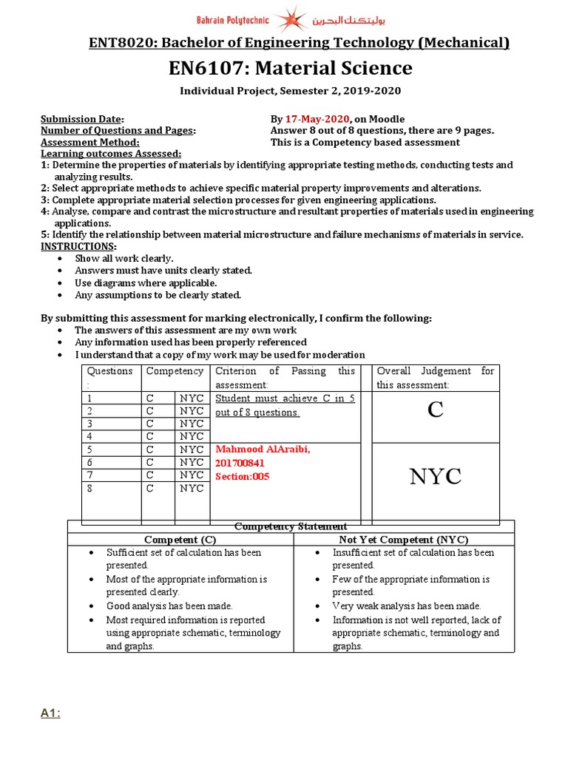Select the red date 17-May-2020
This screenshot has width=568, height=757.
[315, 119]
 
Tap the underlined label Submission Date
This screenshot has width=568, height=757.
[82, 119]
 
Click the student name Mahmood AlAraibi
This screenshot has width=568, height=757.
[263, 449]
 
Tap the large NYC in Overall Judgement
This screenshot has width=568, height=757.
[436, 478]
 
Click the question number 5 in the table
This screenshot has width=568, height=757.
[90, 449]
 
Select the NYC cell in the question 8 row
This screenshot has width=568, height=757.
[192, 489]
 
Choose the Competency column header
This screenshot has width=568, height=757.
[175, 371]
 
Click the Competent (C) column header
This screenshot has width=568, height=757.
[180, 540]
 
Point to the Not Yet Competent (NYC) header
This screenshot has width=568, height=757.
[404, 540]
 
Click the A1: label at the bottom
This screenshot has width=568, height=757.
[50, 713]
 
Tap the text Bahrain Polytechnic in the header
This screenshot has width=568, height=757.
[232, 19]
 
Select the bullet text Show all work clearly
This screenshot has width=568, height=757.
[124, 259]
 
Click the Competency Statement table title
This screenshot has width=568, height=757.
[291, 526]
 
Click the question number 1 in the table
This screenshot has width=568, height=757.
[90, 398]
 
